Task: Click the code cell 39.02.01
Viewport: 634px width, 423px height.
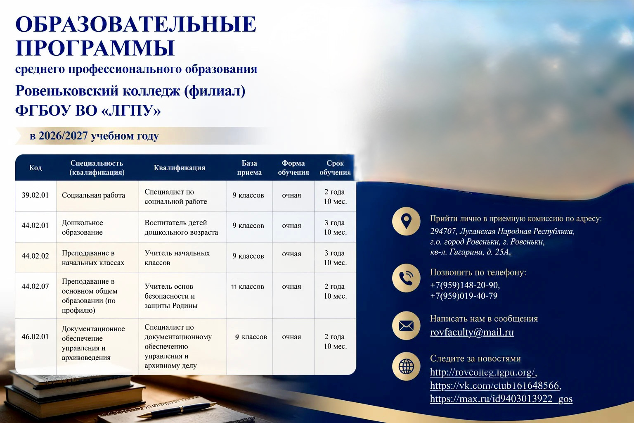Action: pos(35,195)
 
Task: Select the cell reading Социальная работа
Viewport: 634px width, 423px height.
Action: pos(93,195)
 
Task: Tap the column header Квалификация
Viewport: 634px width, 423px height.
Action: pos(180,168)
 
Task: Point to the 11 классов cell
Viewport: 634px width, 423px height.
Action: pos(248,287)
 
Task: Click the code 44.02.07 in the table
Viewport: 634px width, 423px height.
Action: pos(35,286)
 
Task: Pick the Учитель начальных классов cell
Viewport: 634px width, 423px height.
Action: pos(177,258)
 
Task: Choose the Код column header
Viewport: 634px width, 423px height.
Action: pos(35,168)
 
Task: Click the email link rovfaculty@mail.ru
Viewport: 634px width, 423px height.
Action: pos(472,332)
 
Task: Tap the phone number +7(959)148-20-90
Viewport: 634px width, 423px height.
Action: pos(465,285)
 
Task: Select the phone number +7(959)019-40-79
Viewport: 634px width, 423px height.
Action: pos(464,296)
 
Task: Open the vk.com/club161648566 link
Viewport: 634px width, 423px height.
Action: pos(496,385)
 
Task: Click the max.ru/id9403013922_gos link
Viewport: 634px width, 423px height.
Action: pos(501,399)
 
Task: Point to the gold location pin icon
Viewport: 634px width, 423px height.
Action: pos(406,221)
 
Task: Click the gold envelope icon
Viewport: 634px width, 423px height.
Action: pos(406,326)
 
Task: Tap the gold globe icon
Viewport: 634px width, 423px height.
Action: pos(406,366)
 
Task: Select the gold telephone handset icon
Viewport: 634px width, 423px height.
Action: pos(406,278)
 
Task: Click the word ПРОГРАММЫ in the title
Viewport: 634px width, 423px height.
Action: pos(95,48)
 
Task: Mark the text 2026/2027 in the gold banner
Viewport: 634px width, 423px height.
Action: pos(63,136)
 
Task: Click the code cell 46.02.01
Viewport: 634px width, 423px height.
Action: pos(35,337)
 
